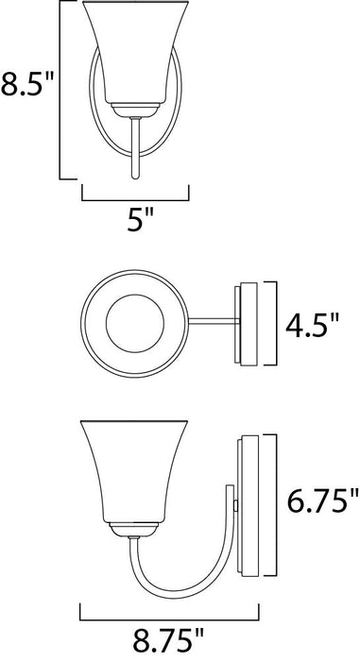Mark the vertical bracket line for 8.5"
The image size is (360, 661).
click(62, 90)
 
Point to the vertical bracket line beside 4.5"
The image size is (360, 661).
click(276, 324)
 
